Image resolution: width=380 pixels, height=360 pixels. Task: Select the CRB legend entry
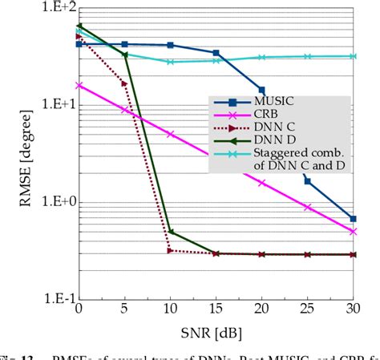point(265,115)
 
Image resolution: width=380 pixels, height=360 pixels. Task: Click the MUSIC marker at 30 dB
point(354,218)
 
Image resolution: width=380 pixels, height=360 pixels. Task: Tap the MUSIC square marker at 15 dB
point(216,53)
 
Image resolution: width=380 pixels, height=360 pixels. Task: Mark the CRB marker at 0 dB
point(78,84)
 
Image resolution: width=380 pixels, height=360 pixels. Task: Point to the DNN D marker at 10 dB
point(170,233)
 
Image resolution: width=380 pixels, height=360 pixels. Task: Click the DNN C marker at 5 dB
point(124,83)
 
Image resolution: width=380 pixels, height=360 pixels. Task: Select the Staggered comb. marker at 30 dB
point(354,56)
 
